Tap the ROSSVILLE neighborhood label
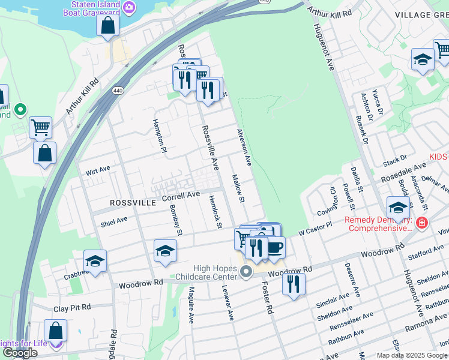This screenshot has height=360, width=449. (x=133, y=203)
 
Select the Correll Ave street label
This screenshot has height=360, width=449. (x=181, y=196)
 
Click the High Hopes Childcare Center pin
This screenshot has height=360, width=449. (x=246, y=273)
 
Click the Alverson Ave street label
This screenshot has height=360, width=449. (x=244, y=148)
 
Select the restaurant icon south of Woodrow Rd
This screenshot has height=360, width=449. (x=294, y=283)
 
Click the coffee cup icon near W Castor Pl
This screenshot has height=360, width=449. (x=275, y=247)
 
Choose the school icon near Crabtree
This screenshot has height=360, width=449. (x=95, y=261)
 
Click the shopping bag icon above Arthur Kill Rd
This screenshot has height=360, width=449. (x=107, y=25)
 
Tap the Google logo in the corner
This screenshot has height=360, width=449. (x=20, y=353)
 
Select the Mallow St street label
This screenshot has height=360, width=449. (x=238, y=188)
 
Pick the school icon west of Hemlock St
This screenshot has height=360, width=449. (x=165, y=251)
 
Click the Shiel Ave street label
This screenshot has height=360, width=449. (x=114, y=221)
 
